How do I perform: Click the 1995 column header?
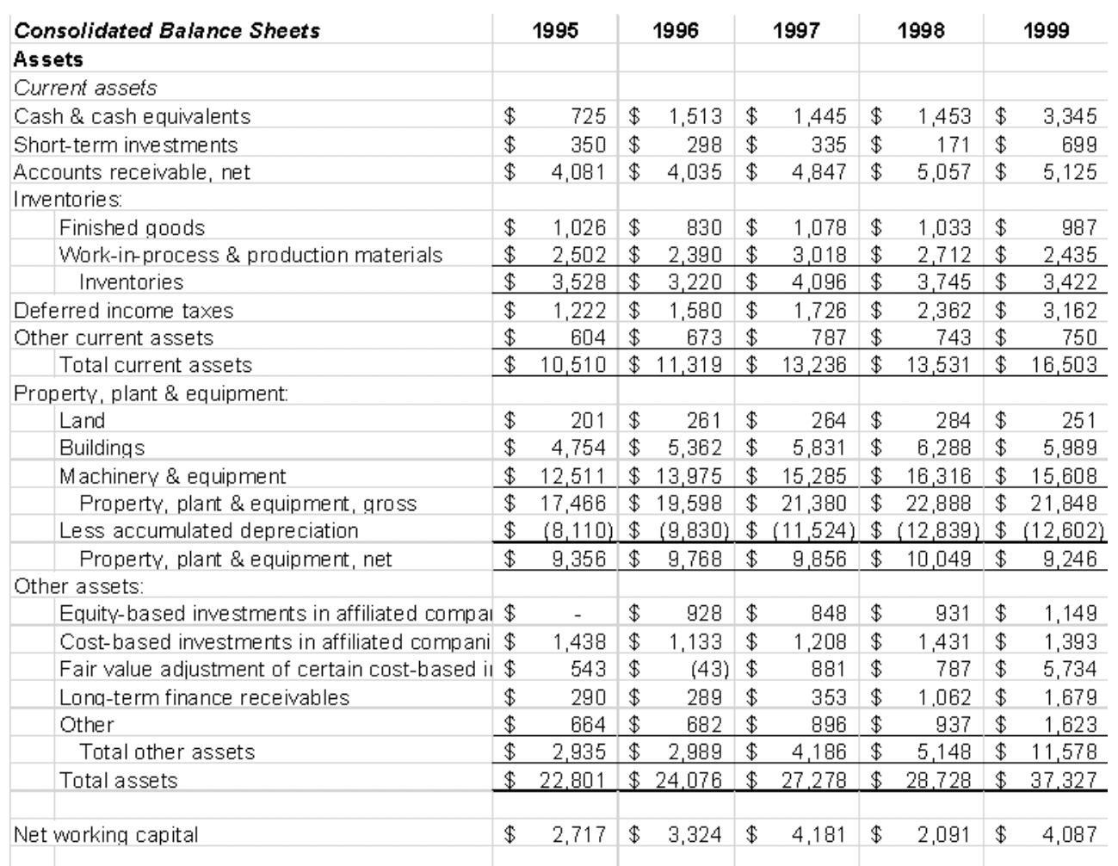[x=555, y=31]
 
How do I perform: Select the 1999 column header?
[x=1046, y=31]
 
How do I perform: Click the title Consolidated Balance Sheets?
[x=167, y=31]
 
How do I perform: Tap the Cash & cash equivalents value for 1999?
[x=1070, y=116]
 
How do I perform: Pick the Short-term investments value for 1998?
[x=946, y=144]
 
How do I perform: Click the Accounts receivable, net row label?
[x=132, y=172]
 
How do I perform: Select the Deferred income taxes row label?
[x=123, y=311]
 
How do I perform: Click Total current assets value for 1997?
[x=813, y=365]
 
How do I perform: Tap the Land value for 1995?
[x=589, y=421]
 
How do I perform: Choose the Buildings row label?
[x=102, y=448]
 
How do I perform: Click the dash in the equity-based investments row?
[x=580, y=615]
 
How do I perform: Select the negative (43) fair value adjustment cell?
[x=710, y=669]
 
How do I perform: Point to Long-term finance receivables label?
[x=204, y=697]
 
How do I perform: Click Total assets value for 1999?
[x=1065, y=780]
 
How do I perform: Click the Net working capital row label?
[x=106, y=834]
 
